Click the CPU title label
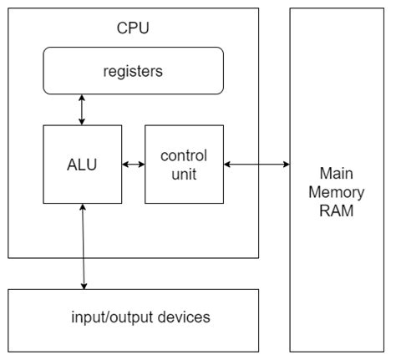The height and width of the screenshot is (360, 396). click(133, 30)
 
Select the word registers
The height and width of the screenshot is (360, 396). click(133, 71)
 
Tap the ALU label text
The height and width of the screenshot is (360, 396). click(82, 164)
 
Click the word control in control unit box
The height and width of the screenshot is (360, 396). click(184, 155)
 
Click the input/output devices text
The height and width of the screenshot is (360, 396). click(133, 317)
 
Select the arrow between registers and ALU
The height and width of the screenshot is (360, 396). click(82, 109)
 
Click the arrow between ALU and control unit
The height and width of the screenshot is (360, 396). click(133, 164)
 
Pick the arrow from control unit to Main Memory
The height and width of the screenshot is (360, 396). click(256, 164)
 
